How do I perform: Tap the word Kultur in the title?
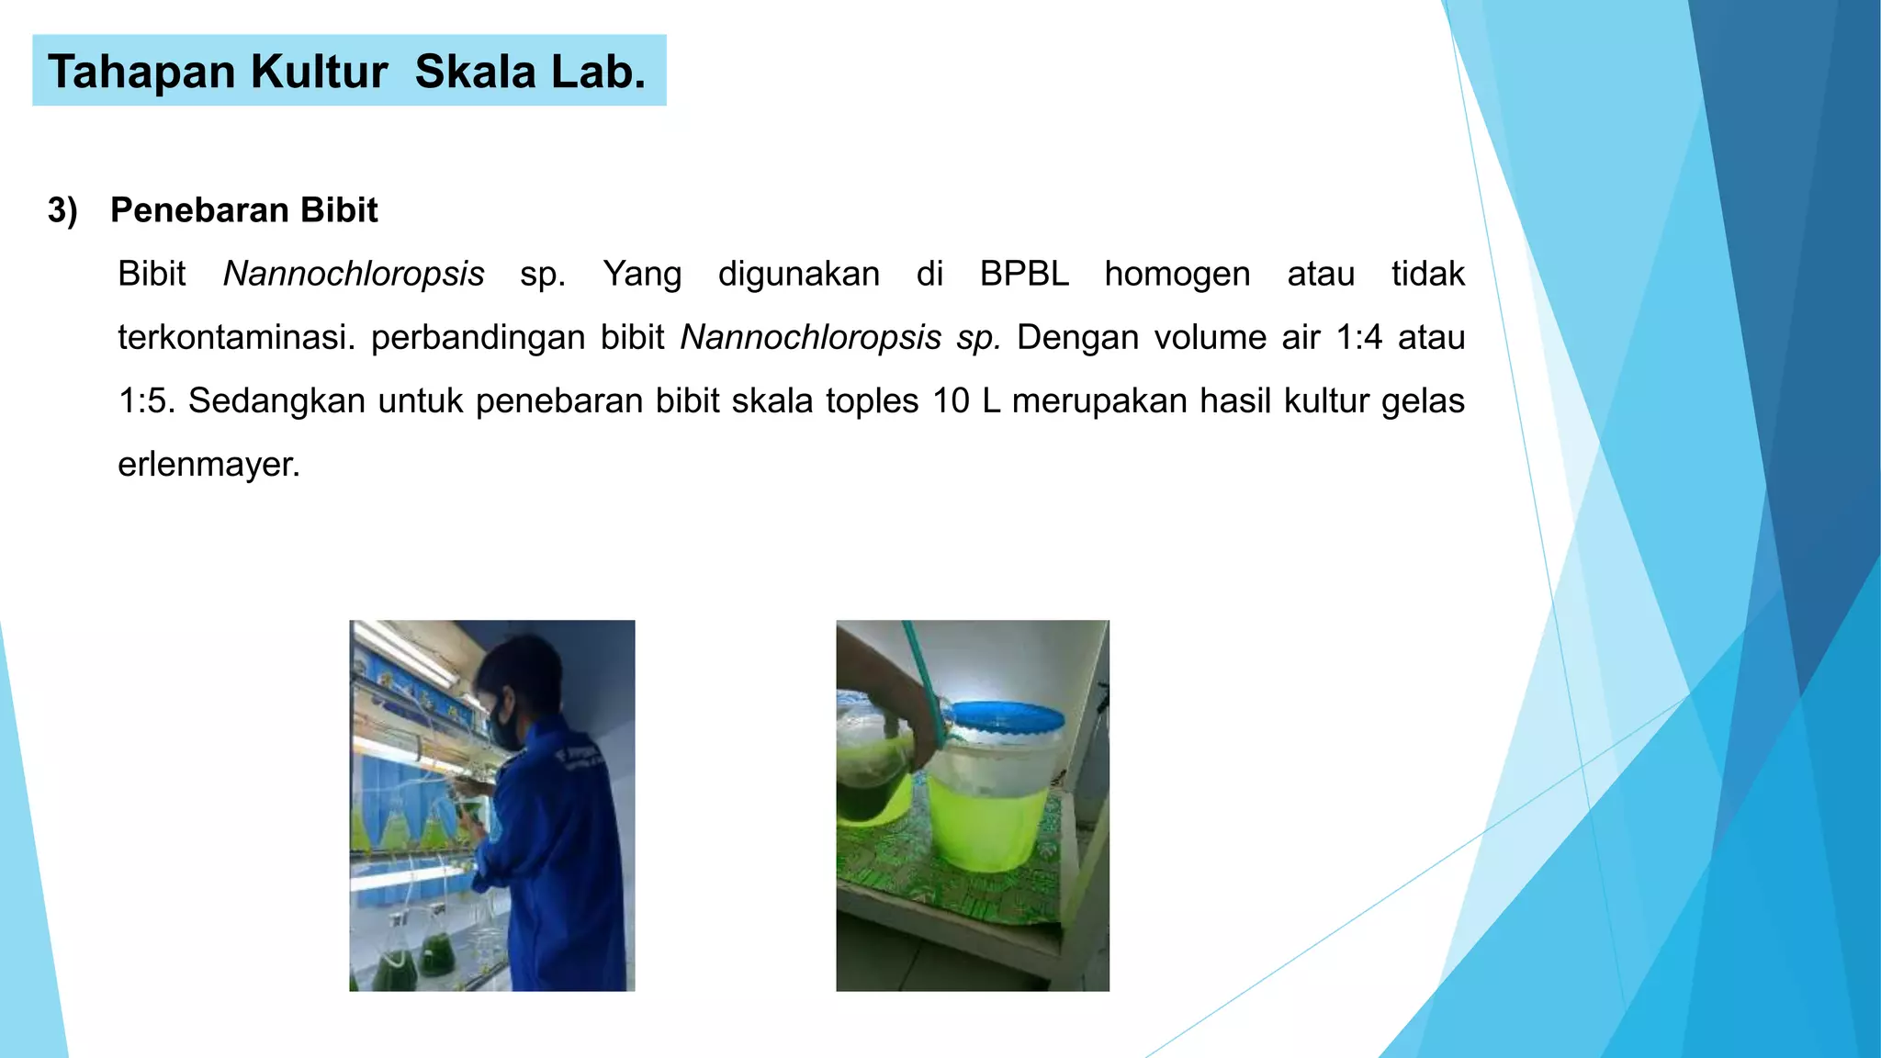[x=319, y=72]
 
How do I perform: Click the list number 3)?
[x=62, y=210]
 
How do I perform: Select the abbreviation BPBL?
[x=1024, y=274]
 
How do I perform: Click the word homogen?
[x=1177, y=274]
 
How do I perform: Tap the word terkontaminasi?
[x=236, y=337]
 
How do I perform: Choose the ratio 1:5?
[x=146, y=400]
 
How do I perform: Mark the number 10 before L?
[x=951, y=400]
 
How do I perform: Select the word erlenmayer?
[x=208, y=464]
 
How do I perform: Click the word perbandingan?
[x=517, y=337]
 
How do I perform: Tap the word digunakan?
[x=798, y=274]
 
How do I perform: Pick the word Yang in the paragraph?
[x=641, y=274]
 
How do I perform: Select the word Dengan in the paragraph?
[x=1077, y=337]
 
